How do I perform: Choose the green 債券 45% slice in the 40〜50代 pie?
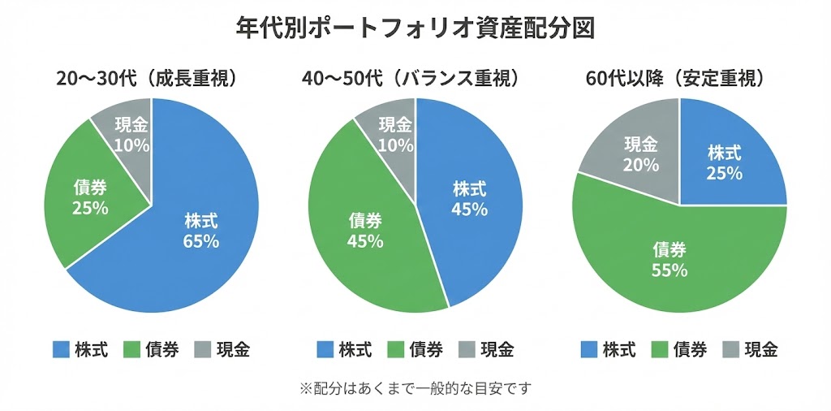pyautogui.click(x=365, y=236)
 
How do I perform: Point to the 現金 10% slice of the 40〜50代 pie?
pyautogui.click(x=394, y=134)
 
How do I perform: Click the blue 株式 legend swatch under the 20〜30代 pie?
pyautogui.click(x=61, y=350)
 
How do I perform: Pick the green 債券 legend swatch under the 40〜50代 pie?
pyautogui.click(x=397, y=350)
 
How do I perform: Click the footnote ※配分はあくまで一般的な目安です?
pyautogui.click(x=415, y=388)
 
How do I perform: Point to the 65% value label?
pyautogui.click(x=201, y=241)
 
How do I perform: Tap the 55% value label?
pyautogui.click(x=670, y=270)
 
